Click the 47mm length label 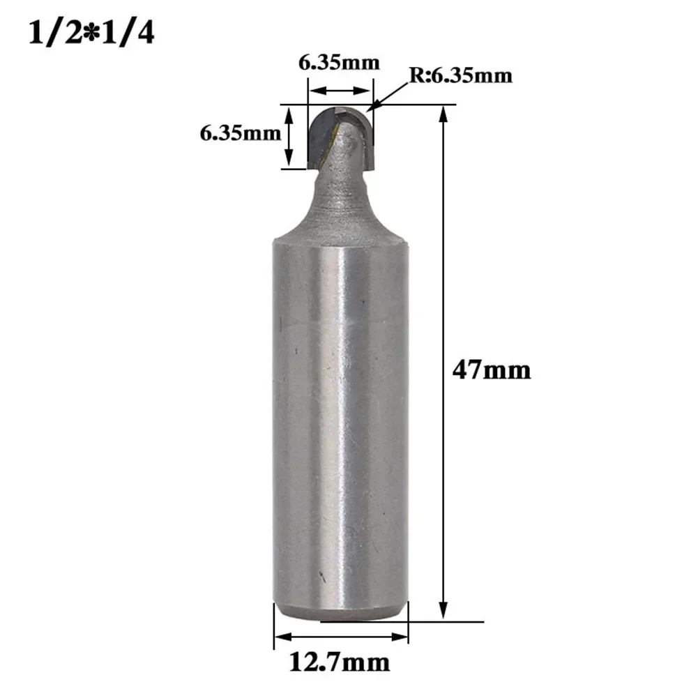click(491, 370)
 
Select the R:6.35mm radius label click(460, 75)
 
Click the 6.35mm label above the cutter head click(340, 63)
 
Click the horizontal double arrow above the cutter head click(340, 91)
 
